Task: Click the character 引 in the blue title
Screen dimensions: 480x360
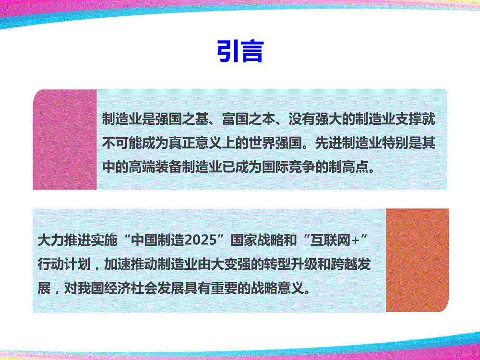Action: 228,51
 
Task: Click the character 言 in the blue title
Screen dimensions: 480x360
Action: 252,51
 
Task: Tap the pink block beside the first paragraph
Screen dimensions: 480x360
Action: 65,140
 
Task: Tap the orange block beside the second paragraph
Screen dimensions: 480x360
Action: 417,260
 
